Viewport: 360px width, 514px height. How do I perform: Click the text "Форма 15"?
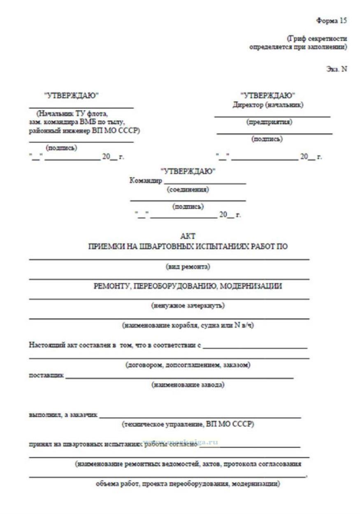point(332,20)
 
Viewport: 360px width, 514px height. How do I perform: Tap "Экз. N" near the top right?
point(337,69)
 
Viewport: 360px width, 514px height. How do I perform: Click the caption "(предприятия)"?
point(269,122)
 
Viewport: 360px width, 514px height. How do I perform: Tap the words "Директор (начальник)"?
point(268,105)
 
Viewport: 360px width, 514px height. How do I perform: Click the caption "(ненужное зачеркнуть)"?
point(188,306)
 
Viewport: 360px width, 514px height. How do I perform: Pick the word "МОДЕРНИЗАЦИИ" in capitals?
point(251,286)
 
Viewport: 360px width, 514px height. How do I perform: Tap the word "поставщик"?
point(46,375)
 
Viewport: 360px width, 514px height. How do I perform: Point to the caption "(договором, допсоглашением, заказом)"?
point(188,365)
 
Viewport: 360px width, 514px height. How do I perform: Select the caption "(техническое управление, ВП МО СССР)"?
point(188,424)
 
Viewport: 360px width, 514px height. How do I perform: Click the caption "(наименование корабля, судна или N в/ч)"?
point(188,325)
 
